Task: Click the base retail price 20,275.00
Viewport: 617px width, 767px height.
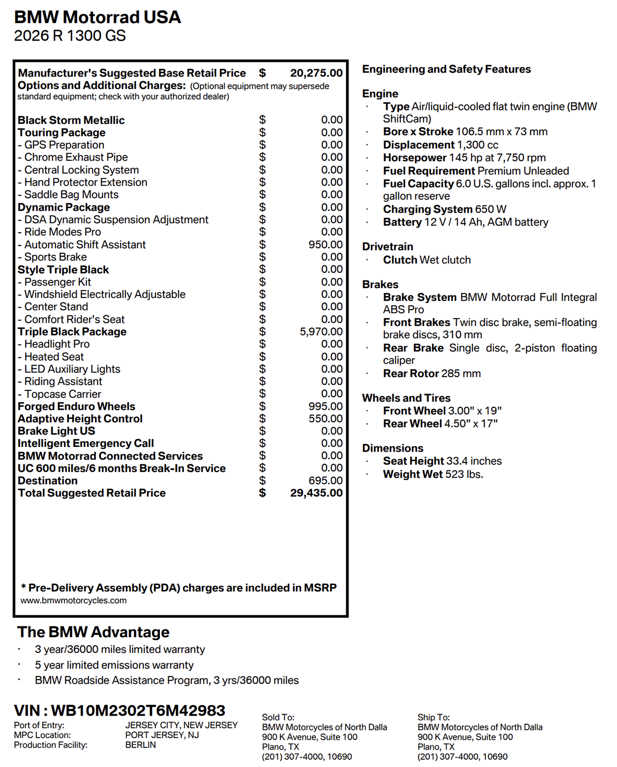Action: point(316,73)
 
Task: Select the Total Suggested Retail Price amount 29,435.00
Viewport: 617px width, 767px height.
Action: point(316,493)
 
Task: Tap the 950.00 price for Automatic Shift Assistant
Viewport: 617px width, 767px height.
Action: point(325,245)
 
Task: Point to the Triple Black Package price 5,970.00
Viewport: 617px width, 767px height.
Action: point(321,332)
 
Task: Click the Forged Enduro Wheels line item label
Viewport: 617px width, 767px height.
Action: point(77,406)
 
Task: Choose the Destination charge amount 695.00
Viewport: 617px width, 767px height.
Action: point(325,481)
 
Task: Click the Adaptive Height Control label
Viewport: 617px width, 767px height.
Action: point(80,419)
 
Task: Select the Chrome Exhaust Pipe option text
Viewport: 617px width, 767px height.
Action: point(76,157)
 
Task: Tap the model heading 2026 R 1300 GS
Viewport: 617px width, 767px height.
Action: point(70,36)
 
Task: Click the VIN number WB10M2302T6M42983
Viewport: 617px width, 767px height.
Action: point(138,710)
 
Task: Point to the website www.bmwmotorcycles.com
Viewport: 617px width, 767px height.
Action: point(74,601)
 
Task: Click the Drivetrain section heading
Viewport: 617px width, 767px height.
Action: point(388,247)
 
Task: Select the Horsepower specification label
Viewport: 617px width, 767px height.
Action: point(415,158)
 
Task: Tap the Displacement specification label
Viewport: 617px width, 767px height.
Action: point(419,145)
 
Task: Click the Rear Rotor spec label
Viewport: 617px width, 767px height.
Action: point(410,373)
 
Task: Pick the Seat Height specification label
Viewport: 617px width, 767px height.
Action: point(413,461)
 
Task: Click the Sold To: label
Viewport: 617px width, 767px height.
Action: point(278,717)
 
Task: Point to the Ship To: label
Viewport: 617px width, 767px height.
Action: point(433,717)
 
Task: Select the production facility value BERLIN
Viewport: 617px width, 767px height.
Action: point(140,745)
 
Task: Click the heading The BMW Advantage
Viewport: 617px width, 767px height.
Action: point(93,632)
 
